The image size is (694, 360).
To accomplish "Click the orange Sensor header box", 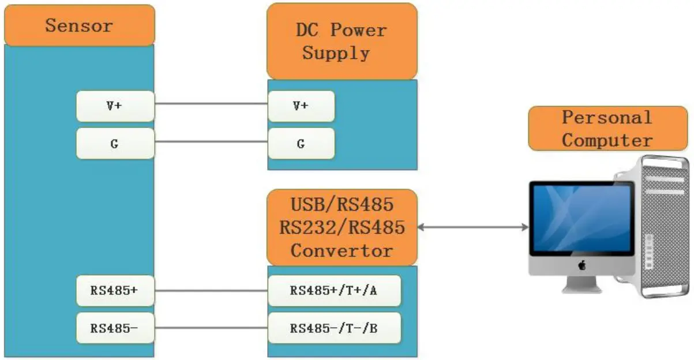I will click(x=79, y=25).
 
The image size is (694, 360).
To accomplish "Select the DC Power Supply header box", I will click(x=342, y=42).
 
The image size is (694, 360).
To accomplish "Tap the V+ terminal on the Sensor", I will click(x=115, y=106).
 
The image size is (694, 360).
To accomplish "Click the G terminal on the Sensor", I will click(x=115, y=144).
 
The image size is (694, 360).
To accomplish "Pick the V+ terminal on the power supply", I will click(x=301, y=106).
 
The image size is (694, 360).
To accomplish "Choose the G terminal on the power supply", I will click(x=301, y=144).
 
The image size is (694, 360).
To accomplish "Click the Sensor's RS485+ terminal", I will click(x=115, y=291).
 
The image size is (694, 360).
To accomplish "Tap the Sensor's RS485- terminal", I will click(x=115, y=328).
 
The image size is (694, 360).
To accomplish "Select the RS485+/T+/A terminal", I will click(x=334, y=291).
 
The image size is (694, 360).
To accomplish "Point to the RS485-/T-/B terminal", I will click(x=334, y=328).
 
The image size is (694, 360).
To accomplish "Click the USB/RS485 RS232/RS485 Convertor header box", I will click(x=342, y=227).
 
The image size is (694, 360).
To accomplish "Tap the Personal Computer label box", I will click(x=608, y=129).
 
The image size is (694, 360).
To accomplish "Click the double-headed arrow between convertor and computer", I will click(x=473, y=227).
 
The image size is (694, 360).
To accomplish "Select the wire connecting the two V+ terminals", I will click(x=211, y=104).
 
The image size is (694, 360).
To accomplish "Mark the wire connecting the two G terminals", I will click(x=211, y=142).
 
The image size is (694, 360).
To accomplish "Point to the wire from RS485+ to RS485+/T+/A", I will click(x=211, y=290).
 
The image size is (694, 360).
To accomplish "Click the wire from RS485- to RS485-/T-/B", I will click(x=211, y=328).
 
